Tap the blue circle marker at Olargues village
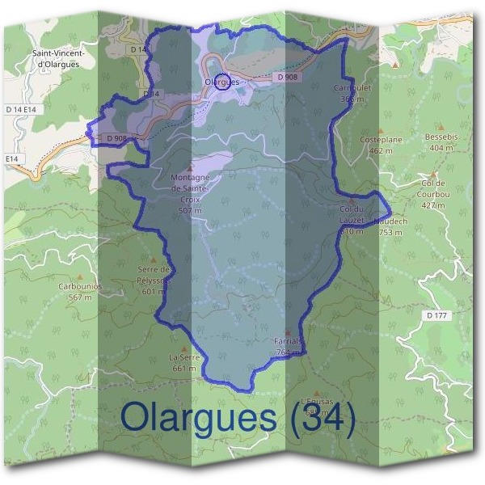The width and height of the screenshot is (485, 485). click(x=226, y=82)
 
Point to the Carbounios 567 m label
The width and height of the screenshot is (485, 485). click(x=79, y=291)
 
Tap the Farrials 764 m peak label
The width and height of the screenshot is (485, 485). click(x=289, y=347)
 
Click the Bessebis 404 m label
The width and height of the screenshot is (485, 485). click(x=441, y=142)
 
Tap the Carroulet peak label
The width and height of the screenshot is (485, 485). click(x=351, y=92)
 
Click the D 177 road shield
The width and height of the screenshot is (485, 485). click(x=436, y=314)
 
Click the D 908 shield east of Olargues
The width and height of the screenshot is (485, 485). click(x=286, y=77)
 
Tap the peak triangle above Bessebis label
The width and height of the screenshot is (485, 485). click(x=441, y=128)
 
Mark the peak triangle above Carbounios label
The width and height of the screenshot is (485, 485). click(x=79, y=276)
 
